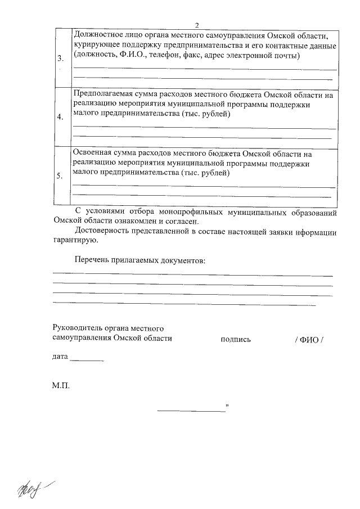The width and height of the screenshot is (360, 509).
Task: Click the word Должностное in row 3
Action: click(x=99, y=34)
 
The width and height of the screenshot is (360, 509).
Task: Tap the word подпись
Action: click(x=236, y=339)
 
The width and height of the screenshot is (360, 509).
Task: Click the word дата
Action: click(x=60, y=357)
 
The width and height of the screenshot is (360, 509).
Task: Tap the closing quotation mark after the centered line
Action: click(x=227, y=406)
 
